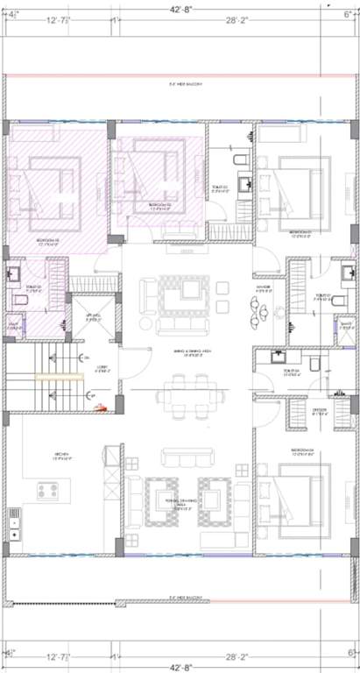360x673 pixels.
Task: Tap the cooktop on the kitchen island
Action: point(48,490)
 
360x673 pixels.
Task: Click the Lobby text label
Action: point(102,369)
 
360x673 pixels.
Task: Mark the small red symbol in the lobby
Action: point(102,406)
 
